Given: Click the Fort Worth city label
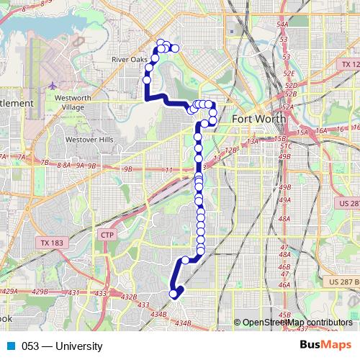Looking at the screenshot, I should coord(257,119).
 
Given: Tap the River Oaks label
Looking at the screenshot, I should coord(130,60).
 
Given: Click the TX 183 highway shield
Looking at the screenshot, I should coord(52,243).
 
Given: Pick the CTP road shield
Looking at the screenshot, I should coord(107,235).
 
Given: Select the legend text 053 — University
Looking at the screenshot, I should coord(62,346).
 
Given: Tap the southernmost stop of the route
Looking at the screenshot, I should coord(173,293).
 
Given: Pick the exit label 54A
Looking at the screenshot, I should coord(282,26).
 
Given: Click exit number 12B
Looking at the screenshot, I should coord(230,150).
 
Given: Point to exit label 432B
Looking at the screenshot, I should coord(128,297).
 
